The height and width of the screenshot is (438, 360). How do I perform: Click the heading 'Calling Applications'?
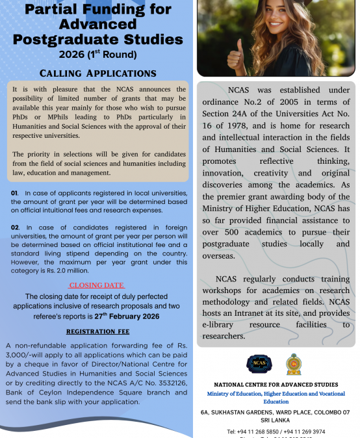[x=97, y=73]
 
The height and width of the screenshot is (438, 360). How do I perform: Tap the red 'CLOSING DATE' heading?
[x=96, y=285]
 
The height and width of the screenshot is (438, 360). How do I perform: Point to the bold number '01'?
[x=15, y=194]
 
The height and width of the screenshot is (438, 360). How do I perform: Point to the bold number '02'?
[x=15, y=226]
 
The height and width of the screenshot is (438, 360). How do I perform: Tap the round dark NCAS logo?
[x=259, y=365]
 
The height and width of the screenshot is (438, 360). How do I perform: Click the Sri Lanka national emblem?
[x=294, y=365]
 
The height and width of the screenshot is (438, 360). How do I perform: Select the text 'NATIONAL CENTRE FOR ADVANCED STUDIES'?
[x=276, y=385]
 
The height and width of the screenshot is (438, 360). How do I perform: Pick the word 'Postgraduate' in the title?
[x=98, y=39]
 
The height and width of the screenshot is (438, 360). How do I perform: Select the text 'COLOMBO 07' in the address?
[x=328, y=413]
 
